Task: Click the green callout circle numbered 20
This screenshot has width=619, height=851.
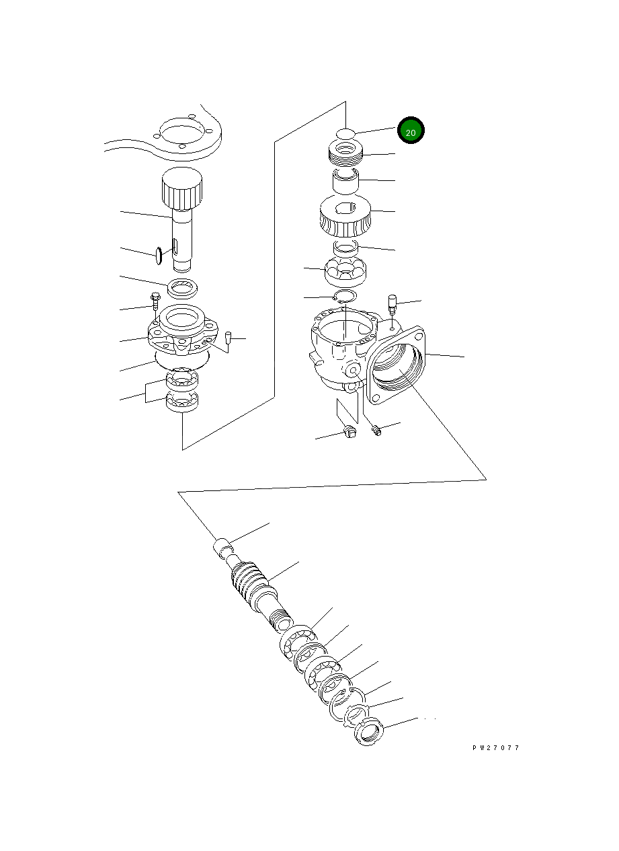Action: [411, 131]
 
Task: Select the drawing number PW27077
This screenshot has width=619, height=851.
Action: [495, 747]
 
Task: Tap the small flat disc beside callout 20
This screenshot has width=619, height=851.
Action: [345, 133]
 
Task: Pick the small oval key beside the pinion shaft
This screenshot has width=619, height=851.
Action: [159, 256]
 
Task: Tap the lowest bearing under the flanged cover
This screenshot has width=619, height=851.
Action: [182, 403]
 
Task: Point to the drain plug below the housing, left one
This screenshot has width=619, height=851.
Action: [348, 431]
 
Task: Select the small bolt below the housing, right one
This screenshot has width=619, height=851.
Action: [376, 429]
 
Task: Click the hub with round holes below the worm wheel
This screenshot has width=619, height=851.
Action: [344, 272]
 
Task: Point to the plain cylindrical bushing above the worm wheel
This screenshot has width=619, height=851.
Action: [345, 181]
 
